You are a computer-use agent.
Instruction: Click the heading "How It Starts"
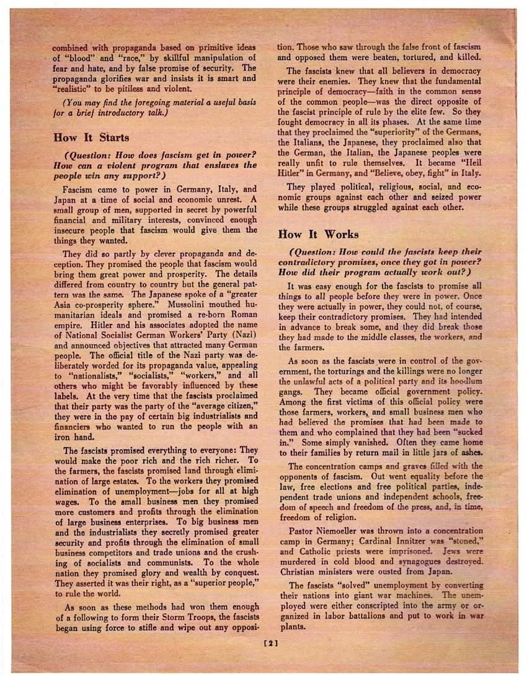(91, 137)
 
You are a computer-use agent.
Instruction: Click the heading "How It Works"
(319, 234)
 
